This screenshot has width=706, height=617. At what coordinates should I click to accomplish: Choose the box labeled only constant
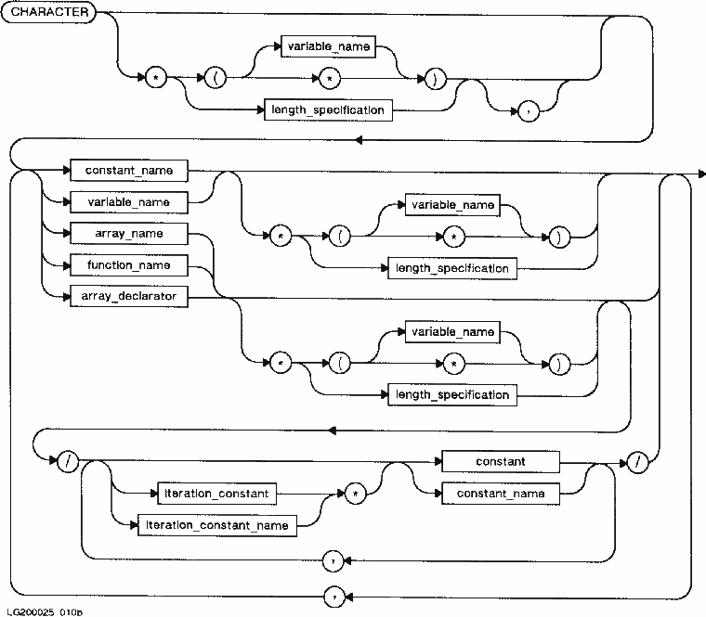coord(500,461)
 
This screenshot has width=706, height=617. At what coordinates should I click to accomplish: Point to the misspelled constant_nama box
coord(500,494)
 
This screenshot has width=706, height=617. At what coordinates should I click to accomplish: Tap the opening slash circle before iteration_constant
coord(67,461)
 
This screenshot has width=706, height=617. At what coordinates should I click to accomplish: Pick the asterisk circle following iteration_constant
coord(355,494)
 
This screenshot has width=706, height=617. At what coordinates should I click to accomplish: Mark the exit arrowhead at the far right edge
coord(701,172)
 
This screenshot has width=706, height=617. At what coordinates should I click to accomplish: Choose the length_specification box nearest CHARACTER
coord(326,110)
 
